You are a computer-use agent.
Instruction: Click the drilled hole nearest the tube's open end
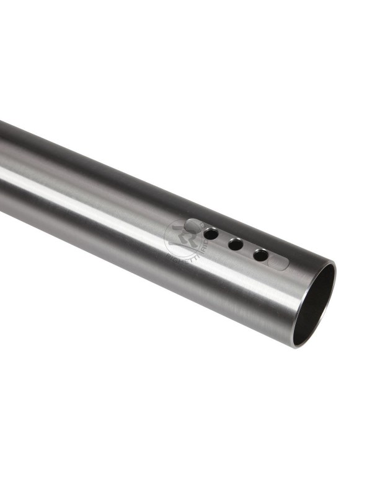tap(261, 255)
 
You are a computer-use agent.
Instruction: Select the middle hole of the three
tap(235, 245)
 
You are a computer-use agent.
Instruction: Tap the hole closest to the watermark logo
tap(211, 234)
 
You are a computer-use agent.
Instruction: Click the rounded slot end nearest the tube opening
tap(282, 263)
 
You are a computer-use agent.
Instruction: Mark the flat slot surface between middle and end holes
tap(248, 250)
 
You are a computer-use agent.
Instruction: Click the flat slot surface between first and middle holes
tap(223, 240)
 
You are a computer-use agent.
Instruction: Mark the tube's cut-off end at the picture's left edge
tap(2, 167)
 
